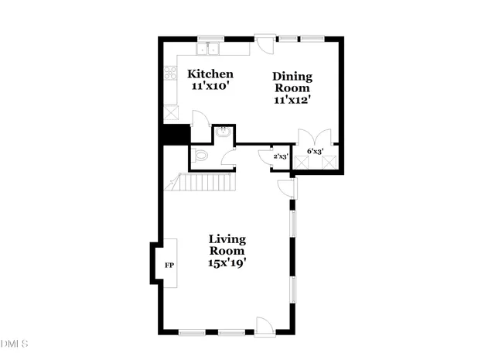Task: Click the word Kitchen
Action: (x=210, y=74)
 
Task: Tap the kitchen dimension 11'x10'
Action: (x=210, y=87)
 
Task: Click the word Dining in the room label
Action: (x=292, y=76)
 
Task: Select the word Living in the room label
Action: (x=227, y=238)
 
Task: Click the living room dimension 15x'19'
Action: (x=227, y=263)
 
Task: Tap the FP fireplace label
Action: (x=169, y=265)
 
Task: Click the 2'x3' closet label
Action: (x=281, y=157)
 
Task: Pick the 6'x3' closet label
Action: (x=316, y=151)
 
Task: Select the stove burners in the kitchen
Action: (x=170, y=74)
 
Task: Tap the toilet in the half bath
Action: (x=201, y=156)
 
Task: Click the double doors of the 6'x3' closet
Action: (x=315, y=136)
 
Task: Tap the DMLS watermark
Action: (x=14, y=343)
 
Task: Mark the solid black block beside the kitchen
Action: (x=176, y=134)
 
